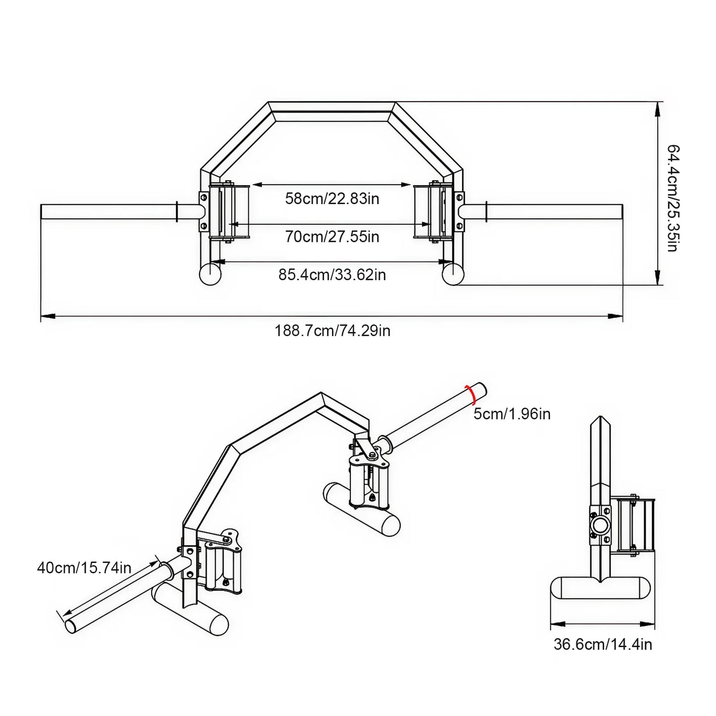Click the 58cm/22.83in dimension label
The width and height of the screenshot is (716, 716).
click(x=332, y=199)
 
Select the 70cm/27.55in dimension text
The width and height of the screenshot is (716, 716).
click(x=332, y=237)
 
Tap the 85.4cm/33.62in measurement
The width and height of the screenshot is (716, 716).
click(x=332, y=275)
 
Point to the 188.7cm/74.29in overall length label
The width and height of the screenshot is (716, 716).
click(x=332, y=330)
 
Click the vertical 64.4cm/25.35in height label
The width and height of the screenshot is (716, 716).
click(x=672, y=198)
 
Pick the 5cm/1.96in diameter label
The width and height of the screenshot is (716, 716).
click(x=512, y=414)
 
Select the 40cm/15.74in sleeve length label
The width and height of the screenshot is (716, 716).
click(x=84, y=567)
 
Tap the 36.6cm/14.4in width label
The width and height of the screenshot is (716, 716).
click(x=603, y=644)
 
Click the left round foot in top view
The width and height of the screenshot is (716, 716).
click(x=210, y=274)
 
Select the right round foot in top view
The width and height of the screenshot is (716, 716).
click(x=452, y=274)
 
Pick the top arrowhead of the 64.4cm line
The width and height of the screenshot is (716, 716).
click(x=658, y=108)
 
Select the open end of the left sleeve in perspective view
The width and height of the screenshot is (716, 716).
click(x=72, y=626)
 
